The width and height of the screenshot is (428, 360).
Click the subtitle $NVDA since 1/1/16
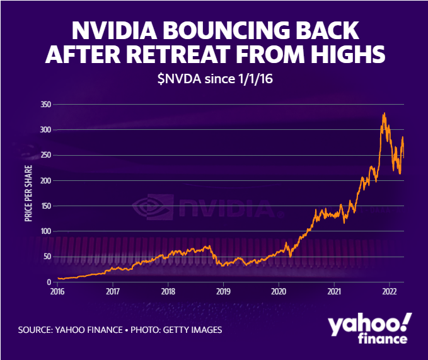214,80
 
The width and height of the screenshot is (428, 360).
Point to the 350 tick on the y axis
44,105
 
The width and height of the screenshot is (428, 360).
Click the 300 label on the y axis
44,130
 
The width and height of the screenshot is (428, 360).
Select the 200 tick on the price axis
44,181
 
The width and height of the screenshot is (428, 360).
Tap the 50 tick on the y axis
46,257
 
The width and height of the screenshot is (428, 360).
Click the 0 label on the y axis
48,282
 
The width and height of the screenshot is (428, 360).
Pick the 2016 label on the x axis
57,292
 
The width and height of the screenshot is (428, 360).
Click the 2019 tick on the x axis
223,292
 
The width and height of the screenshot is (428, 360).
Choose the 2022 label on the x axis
390,292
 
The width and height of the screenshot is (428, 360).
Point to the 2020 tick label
279,292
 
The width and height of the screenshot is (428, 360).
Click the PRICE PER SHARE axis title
28,193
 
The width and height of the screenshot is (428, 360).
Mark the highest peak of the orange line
385,114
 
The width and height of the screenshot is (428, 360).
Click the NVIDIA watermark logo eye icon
151,207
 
